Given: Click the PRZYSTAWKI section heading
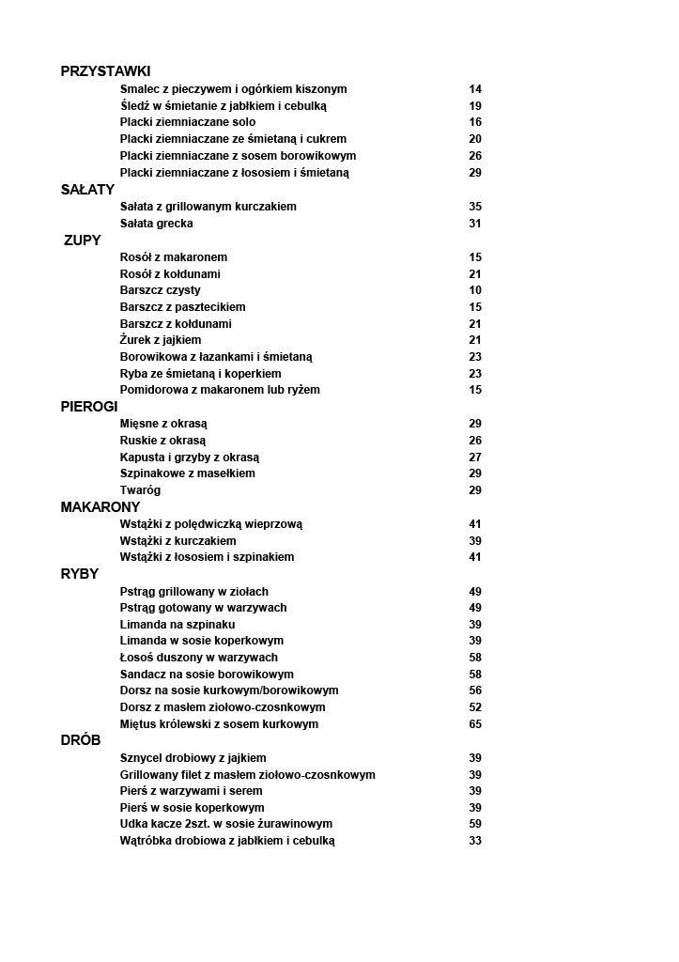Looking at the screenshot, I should [105, 71].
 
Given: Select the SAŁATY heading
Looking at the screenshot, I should [87, 190].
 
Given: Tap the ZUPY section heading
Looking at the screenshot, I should [83, 240].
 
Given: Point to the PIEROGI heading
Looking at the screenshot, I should [89, 407].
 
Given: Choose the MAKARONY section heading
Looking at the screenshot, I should [100, 507].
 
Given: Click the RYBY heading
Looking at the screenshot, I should [80, 574].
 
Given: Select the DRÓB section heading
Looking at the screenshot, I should [81, 740].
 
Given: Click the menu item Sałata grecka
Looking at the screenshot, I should [157, 224].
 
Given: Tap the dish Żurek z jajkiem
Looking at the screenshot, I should [161, 340].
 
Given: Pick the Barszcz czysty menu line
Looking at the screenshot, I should [160, 290].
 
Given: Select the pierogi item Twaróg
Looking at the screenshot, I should [140, 490].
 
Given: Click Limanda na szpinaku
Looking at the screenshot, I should [177, 625].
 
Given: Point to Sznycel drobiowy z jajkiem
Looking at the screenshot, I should [193, 758].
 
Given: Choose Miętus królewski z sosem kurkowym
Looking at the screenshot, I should [219, 724].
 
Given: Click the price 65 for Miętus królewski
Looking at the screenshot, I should [475, 724].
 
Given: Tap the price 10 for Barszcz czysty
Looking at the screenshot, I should [475, 290].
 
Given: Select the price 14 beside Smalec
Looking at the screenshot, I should [475, 89].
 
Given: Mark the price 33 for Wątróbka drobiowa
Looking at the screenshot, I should [475, 841].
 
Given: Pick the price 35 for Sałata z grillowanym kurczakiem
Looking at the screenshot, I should [475, 207].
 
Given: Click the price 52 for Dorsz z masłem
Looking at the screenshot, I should [475, 707].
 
